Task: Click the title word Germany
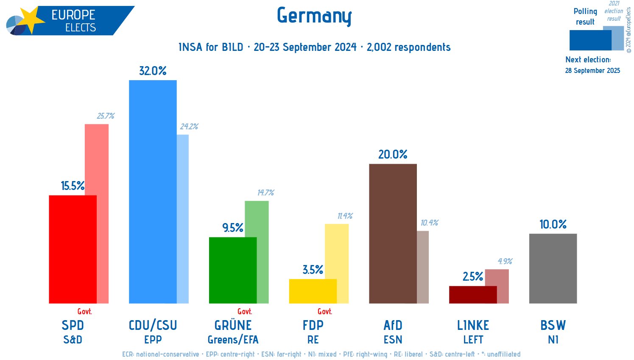pos(314,16)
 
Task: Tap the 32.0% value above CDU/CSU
pos(153,71)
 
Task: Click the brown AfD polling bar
pos(393,233)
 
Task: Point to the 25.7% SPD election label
pos(106,116)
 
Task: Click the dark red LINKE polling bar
pos(472,295)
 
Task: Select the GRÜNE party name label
pos(233,325)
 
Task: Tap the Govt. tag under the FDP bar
pos(324,312)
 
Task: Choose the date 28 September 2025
pos(592,70)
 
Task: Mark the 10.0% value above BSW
pos(553,224)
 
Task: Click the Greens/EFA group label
pos(233,340)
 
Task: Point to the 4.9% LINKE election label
pos(505,261)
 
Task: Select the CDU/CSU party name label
pos(153,325)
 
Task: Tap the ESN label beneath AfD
pos(393,340)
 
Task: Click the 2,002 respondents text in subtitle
pos(408,47)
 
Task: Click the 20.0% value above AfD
pos(393,154)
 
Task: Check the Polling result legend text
pos(585,17)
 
